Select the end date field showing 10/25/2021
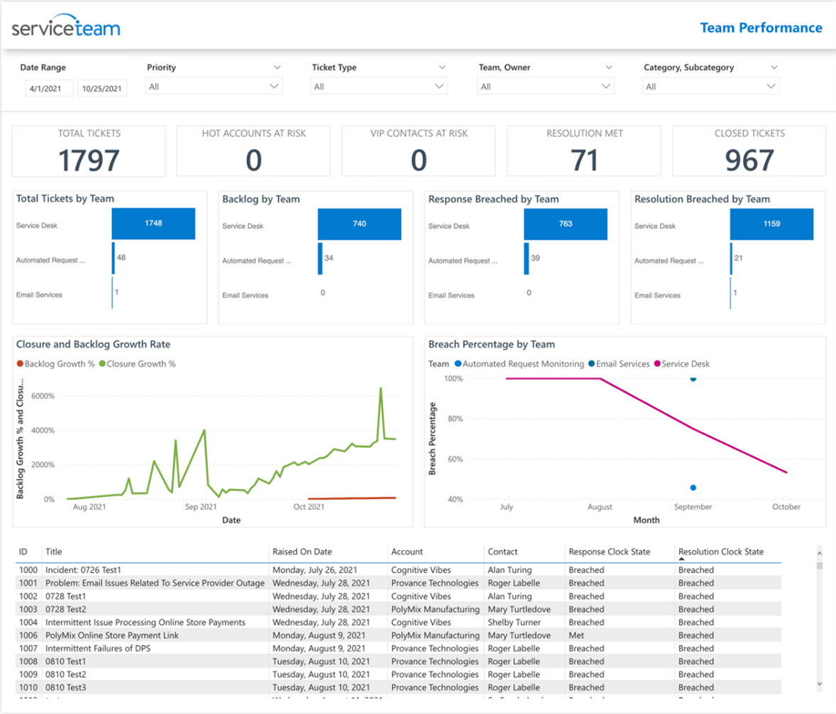point(101,89)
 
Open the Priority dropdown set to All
point(214,86)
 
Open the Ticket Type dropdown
point(379,86)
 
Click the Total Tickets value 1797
point(89,160)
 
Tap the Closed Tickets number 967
point(749,160)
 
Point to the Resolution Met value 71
point(584,160)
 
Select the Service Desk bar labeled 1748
point(153,224)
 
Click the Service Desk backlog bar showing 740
point(359,224)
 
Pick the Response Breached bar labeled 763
point(566,224)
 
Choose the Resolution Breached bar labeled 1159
point(771,224)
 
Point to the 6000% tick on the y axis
point(40,396)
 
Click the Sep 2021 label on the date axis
point(201,507)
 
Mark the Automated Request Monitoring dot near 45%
point(693,488)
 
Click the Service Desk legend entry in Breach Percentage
point(684,363)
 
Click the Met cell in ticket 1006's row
point(576,635)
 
